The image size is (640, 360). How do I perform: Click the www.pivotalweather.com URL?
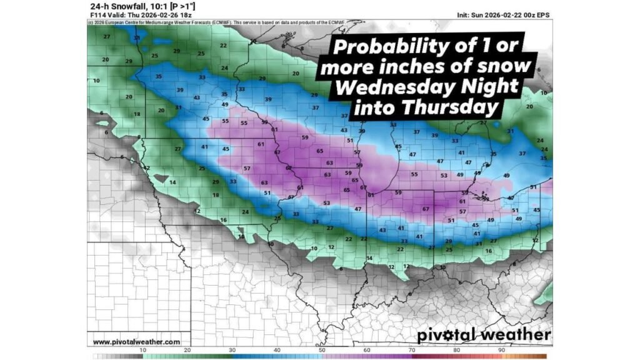[136, 342]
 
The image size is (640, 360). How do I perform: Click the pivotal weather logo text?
[484, 335]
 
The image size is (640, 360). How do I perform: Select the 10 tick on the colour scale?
[143, 351]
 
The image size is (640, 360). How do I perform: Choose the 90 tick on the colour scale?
[502, 351]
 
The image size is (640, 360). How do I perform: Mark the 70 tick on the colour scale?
[412, 351]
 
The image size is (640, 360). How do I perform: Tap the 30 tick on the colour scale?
[232, 351]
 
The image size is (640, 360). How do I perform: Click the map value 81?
[371, 196]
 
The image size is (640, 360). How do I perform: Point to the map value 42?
[146, 168]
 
